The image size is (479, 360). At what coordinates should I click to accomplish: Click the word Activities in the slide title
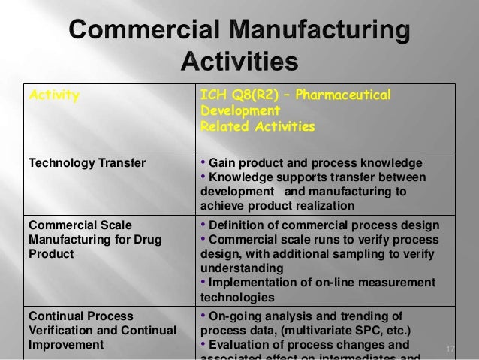point(239,60)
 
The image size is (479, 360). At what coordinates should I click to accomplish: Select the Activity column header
point(53,96)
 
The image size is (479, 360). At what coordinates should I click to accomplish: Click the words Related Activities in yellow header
point(257,126)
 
